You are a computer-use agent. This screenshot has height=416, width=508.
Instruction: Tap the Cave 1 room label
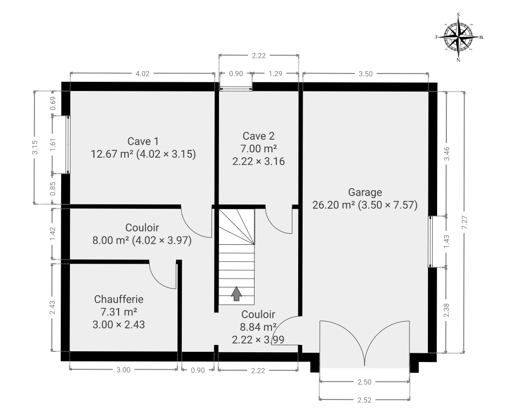pos(143,141)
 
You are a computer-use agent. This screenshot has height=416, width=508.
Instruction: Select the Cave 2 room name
pos(258,136)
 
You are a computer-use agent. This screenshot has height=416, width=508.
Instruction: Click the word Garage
pos(365,192)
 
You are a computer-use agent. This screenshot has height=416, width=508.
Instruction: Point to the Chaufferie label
pos(119,299)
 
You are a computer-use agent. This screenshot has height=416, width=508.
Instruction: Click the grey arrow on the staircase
pos(237,294)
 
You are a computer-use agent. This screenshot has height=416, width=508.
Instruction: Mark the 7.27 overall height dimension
pos(465,223)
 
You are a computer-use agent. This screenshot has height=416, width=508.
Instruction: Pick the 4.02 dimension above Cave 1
pos(142,73)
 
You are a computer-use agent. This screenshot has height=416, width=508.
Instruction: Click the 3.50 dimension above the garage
pos(365,74)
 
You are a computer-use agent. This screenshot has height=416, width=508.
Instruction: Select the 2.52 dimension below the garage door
pos(364,400)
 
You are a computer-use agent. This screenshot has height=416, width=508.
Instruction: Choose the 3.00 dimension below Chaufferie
pos(123,370)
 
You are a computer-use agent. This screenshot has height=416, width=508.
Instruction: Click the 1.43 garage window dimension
pos(447,242)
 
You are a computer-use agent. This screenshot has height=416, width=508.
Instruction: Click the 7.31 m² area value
pos(119,312)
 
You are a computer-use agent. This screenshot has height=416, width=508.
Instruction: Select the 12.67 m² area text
pos(112,154)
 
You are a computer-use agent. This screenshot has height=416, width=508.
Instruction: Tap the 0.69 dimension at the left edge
pos(53,104)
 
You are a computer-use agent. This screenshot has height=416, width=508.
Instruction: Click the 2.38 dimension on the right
pos(447,310)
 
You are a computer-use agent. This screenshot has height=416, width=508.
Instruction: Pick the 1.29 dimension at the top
pos(275,73)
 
